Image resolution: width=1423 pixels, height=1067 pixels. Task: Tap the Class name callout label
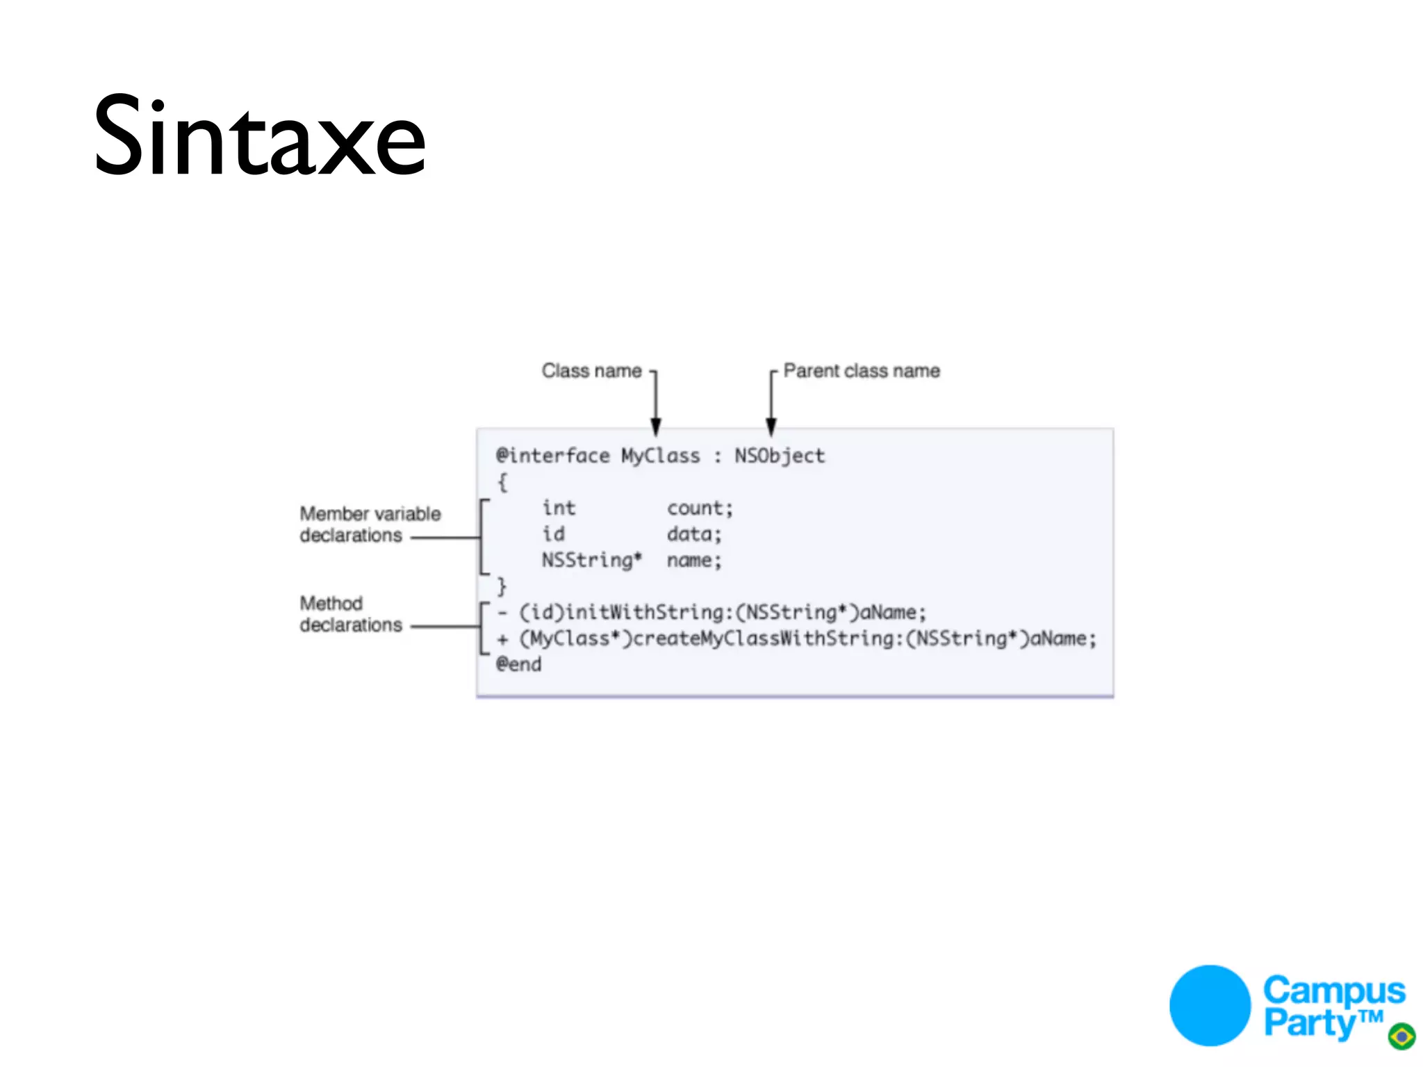591,371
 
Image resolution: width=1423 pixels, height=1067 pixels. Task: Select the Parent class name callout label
861,371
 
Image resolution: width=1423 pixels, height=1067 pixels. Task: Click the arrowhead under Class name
655,425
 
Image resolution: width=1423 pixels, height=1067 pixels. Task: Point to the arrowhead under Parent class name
771,425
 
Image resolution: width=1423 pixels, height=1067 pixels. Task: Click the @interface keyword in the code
552,456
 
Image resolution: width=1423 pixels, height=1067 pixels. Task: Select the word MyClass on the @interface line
660,456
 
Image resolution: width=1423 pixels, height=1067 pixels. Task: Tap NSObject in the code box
780,456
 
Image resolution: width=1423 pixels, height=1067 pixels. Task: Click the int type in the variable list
559,508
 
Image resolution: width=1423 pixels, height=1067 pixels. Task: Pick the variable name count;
700,508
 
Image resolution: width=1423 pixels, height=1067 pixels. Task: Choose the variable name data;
694,534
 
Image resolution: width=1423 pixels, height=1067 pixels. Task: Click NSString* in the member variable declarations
592,560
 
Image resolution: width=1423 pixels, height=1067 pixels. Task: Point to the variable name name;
694,560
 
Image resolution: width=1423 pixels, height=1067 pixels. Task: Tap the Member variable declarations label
370,524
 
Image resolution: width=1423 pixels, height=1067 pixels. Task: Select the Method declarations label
350,614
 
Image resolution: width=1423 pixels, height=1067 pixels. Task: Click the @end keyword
518,664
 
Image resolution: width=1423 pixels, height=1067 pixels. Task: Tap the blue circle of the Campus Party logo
1210,1005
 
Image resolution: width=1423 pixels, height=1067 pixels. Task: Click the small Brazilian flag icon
1401,1036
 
